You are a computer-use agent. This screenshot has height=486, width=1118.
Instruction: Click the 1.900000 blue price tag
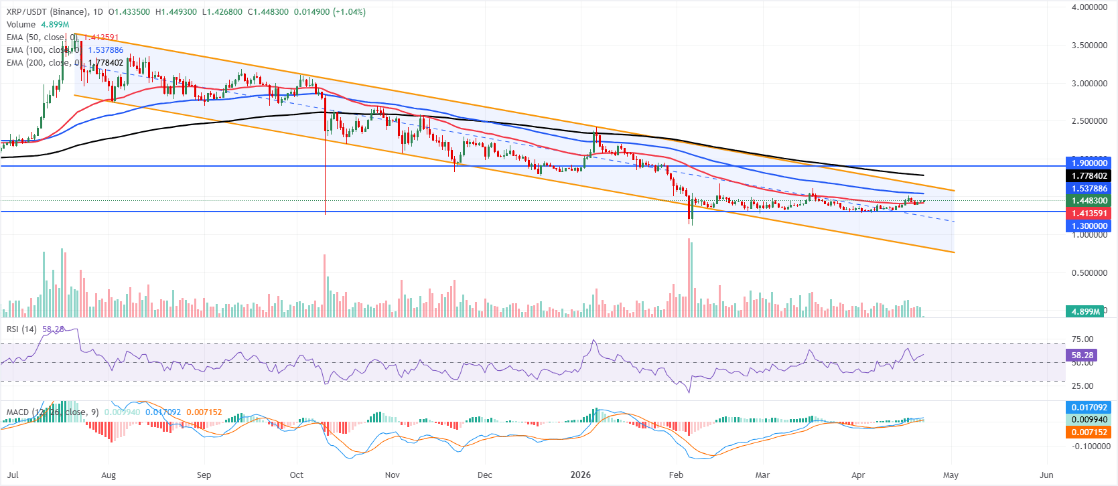coord(1089,163)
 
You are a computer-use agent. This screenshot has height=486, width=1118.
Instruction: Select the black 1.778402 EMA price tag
coord(1089,176)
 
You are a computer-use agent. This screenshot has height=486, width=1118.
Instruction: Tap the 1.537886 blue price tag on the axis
coord(1089,189)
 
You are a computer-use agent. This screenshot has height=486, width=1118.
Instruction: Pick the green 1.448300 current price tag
coord(1089,201)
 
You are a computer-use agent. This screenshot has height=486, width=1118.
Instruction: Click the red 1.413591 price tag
coord(1089,214)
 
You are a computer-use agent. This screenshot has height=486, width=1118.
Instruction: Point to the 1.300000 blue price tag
coord(1089,226)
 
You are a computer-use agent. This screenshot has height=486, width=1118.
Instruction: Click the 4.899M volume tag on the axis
coord(1085,311)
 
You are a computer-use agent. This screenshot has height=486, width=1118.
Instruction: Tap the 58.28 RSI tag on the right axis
coord(1082,355)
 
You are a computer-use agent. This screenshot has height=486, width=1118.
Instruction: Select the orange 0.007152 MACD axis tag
coord(1089,432)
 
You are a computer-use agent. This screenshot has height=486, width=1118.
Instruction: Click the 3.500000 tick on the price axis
coord(1089,46)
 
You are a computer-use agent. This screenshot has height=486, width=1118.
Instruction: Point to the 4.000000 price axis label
coord(1089,7)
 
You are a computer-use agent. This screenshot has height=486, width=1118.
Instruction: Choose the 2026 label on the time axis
coord(580,475)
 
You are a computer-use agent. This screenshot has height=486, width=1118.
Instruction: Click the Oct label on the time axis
coord(297,475)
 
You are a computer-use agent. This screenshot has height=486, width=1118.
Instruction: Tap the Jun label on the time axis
coord(1046,475)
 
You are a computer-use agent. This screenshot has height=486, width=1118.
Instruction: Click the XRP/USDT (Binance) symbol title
coord(47,12)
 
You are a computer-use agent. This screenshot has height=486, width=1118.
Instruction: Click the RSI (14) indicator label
coord(21,329)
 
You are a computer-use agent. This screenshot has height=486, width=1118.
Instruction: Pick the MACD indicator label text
coord(17,412)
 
